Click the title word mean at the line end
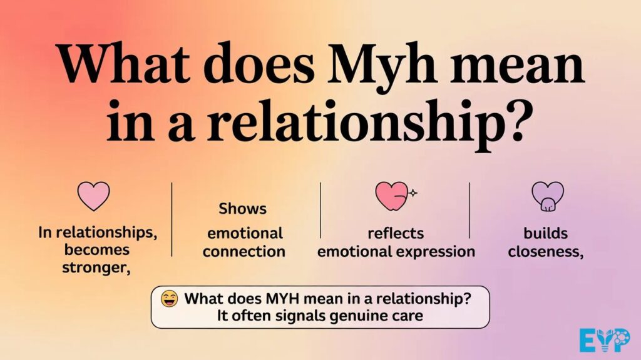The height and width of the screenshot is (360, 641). (527, 66)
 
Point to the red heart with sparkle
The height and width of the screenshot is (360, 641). (393, 196)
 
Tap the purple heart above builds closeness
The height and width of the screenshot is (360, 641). (547, 196)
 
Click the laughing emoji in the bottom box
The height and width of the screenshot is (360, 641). (169, 299)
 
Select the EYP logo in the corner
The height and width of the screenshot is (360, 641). (604, 341)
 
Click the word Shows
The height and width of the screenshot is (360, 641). (242, 209)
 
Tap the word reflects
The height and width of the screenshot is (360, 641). (396, 234)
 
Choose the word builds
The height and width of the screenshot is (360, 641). (546, 234)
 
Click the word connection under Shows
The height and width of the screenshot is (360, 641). (244, 252)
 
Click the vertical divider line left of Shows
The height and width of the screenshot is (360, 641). (172, 219)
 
